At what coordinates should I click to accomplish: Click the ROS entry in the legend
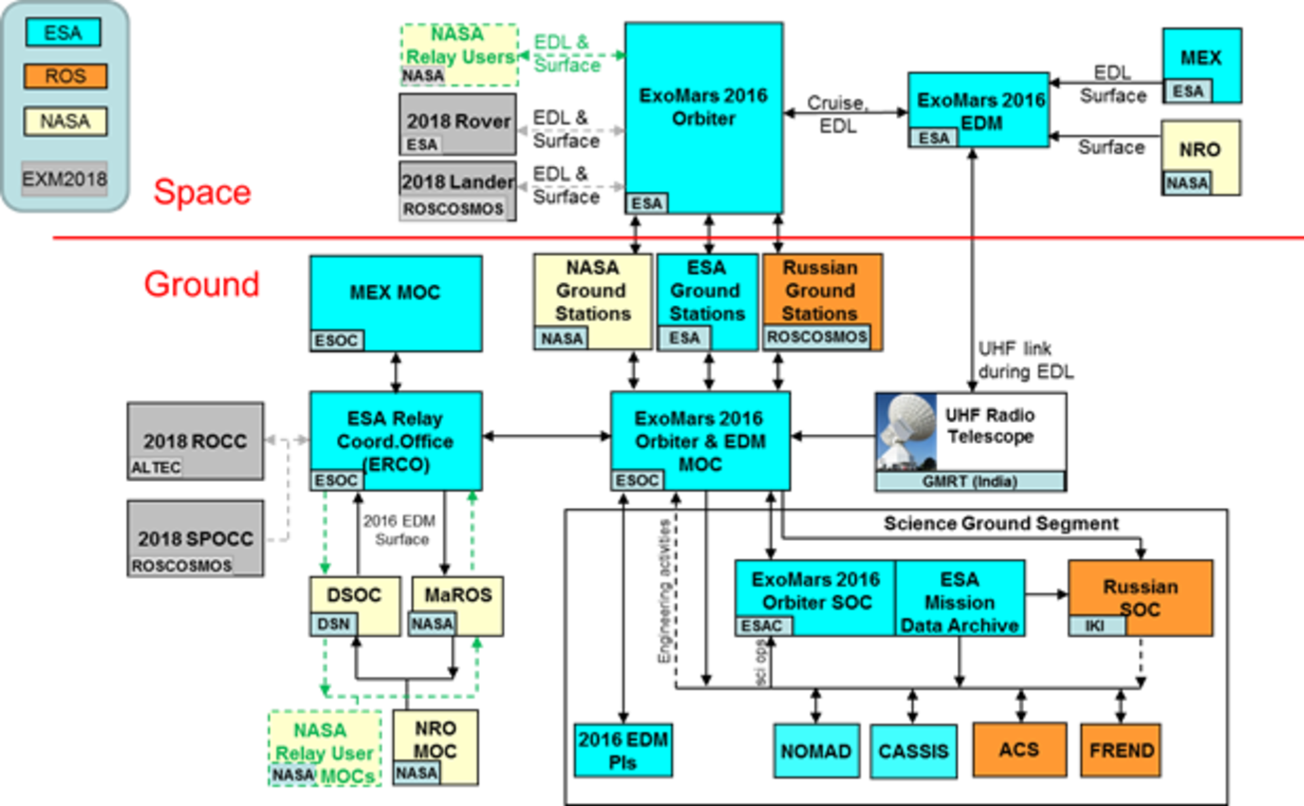pos(65,76)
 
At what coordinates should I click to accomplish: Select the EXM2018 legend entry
pos(65,179)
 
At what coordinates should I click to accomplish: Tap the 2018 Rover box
pos(458,123)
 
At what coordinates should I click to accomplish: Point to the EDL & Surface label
pos(567,185)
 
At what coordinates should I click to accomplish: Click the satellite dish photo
pos(908,432)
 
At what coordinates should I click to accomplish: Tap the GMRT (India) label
pos(969,481)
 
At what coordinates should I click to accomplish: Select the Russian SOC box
pos(1140,598)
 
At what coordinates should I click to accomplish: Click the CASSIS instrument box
pos(913,750)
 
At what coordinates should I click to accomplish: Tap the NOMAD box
pos(816,750)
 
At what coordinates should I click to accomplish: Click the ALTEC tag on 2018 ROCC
pos(156,467)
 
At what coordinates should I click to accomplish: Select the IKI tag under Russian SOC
pos(1095,625)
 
